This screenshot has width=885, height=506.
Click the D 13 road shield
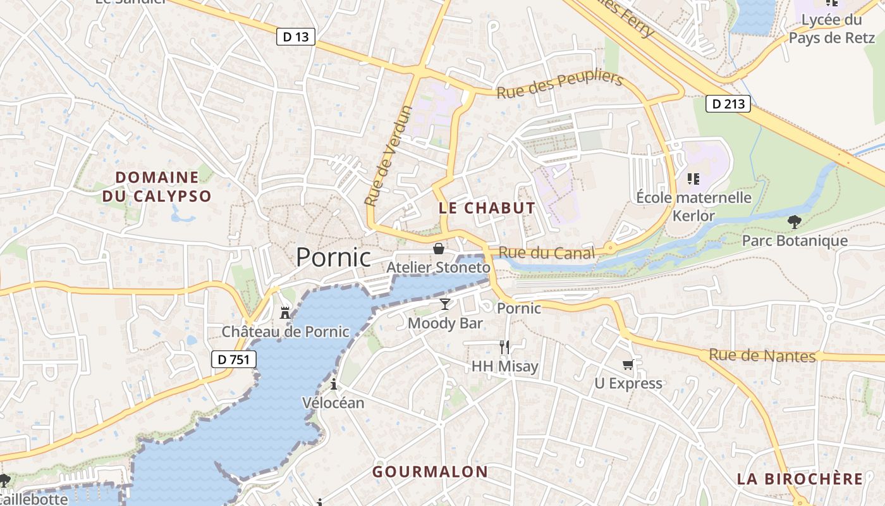click(x=296, y=37)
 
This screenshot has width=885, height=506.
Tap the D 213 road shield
click(x=728, y=103)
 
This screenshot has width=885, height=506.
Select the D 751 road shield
click(x=234, y=359)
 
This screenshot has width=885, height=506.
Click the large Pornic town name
click(x=333, y=257)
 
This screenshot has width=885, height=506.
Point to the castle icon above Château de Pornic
click(x=285, y=312)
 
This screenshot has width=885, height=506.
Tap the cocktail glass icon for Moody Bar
click(x=445, y=304)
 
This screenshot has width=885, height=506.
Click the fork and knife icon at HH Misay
click(x=504, y=347)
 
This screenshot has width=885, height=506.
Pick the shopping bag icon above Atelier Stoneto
click(x=438, y=249)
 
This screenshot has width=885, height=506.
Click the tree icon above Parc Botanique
click(x=795, y=221)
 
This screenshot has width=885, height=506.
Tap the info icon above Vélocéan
click(x=333, y=384)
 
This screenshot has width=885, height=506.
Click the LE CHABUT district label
click(x=487, y=207)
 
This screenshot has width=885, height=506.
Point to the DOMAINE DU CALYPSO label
click(x=157, y=187)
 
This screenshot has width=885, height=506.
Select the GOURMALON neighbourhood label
click(x=430, y=472)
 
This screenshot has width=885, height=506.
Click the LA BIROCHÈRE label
click(x=800, y=479)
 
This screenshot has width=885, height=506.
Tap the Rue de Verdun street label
click(x=388, y=156)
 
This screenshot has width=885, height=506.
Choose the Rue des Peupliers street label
click(x=559, y=85)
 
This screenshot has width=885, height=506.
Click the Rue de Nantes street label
click(x=762, y=355)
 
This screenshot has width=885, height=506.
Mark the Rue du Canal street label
click(x=547, y=253)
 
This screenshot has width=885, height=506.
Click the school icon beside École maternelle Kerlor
click(x=693, y=179)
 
